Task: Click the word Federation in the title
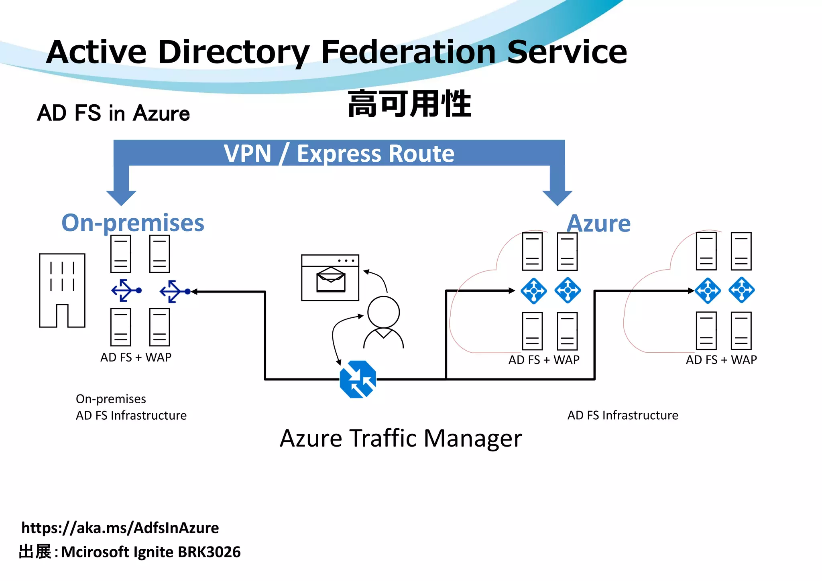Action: click(x=408, y=52)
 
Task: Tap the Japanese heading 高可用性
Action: click(x=409, y=104)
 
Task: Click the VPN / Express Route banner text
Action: click(x=339, y=154)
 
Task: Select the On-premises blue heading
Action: click(x=133, y=223)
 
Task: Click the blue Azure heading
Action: click(x=598, y=223)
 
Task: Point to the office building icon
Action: click(x=62, y=290)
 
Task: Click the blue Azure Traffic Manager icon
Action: click(x=358, y=379)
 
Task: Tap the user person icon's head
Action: click(x=383, y=312)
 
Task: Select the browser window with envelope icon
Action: click(x=330, y=278)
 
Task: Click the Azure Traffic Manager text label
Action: click(x=401, y=438)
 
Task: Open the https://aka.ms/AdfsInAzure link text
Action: click(x=120, y=528)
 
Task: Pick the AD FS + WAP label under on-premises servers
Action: click(x=136, y=357)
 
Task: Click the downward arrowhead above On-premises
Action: click(x=121, y=197)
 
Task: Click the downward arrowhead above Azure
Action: click(x=557, y=197)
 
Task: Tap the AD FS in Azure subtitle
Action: click(x=114, y=113)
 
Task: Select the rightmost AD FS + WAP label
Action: click(x=721, y=360)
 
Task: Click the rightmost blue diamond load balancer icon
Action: click(x=741, y=290)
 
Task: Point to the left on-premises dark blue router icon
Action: click(x=126, y=290)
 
